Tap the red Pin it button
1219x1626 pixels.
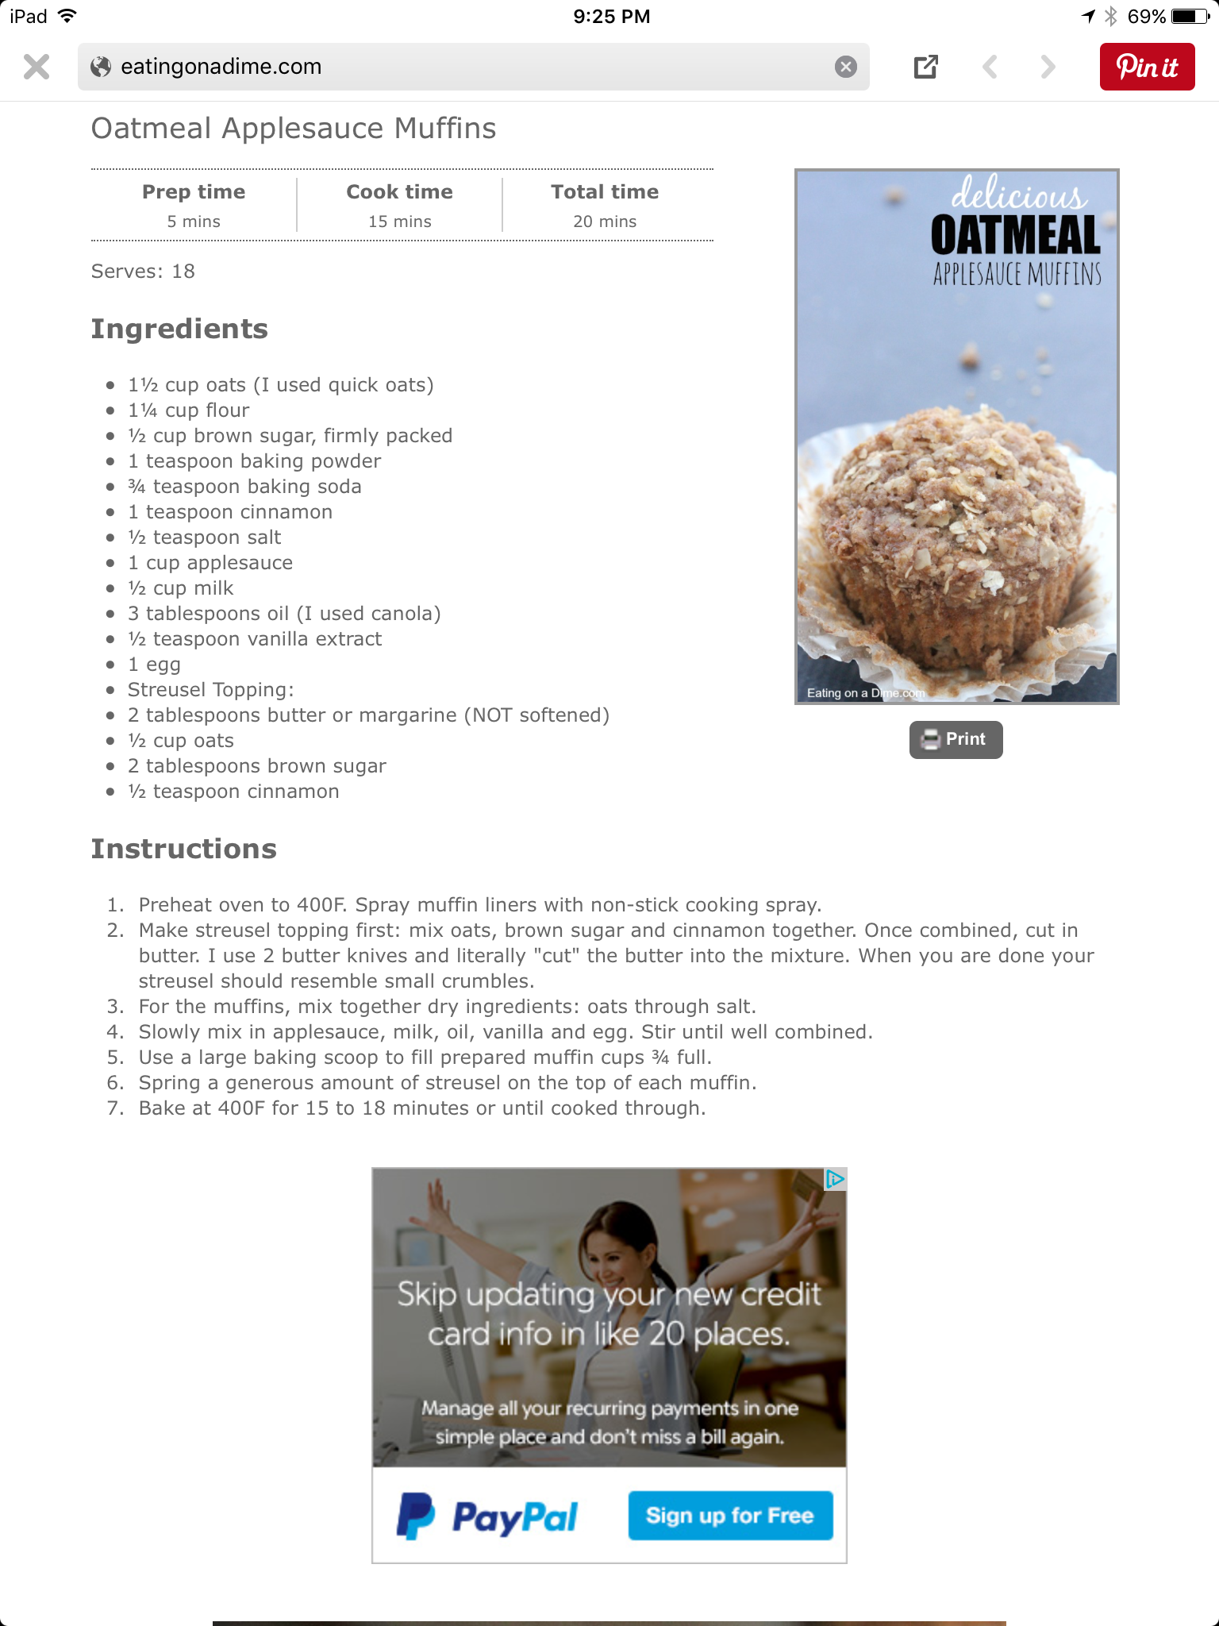1147,67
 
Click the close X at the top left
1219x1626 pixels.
37,67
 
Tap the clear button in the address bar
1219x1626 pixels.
846,67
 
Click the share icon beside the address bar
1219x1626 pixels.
925,67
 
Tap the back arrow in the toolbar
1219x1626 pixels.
990,67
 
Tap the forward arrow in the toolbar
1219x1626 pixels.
1048,67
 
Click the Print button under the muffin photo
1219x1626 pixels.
956,739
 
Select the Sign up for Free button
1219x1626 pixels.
730,1516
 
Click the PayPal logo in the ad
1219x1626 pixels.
487,1516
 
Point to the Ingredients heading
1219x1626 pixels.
179,329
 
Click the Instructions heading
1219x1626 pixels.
184,849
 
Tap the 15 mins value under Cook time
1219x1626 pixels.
399,222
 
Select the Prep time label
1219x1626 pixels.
194,192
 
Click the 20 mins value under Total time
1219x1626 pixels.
605,222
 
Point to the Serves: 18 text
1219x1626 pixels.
143,272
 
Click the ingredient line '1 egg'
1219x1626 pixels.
154,665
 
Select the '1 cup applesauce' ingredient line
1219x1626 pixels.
210,563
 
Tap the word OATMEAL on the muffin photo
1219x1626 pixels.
1016,235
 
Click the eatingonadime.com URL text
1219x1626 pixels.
221,67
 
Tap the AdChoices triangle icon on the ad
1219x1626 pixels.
835,1179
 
